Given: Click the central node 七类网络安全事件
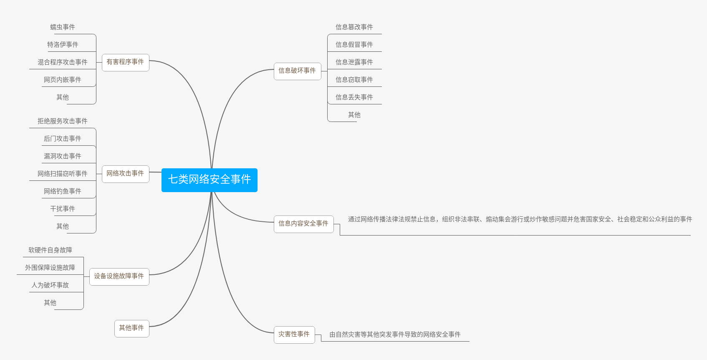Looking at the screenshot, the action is [209, 180].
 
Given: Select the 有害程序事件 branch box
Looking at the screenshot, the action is [125, 62].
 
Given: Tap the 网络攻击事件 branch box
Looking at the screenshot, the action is [125, 174].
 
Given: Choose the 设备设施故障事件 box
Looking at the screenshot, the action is [119, 276].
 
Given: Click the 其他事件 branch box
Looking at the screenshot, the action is [131, 328].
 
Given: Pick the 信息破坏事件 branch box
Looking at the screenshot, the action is [297, 71].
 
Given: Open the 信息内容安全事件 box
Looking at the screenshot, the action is [303, 224].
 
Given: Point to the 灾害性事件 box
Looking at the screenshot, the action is [294, 335].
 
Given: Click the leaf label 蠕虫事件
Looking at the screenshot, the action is [63, 27].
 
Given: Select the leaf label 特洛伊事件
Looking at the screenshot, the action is [63, 45].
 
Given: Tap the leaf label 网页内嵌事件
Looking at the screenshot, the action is [63, 80].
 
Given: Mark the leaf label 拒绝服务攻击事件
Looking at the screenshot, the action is [63, 121].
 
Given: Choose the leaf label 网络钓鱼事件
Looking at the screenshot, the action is [63, 191].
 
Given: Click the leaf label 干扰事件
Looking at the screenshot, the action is [63, 209].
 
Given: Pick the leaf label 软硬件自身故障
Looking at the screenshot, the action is [50, 250].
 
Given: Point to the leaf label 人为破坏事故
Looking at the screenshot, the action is [50, 285].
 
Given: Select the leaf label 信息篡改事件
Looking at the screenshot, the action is [354, 27].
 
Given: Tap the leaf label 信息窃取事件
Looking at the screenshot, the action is [354, 80].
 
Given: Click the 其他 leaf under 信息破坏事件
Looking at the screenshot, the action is [354, 115].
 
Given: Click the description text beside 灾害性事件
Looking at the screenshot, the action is [395, 335].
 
